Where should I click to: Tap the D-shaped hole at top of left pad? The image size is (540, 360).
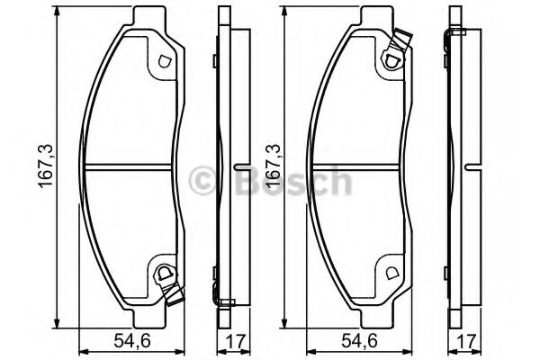(164, 63)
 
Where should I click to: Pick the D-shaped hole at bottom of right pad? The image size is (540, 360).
(391, 273)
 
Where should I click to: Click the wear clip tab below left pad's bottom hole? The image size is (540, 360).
(175, 292)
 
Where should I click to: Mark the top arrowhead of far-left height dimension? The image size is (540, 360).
(58, 13)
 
